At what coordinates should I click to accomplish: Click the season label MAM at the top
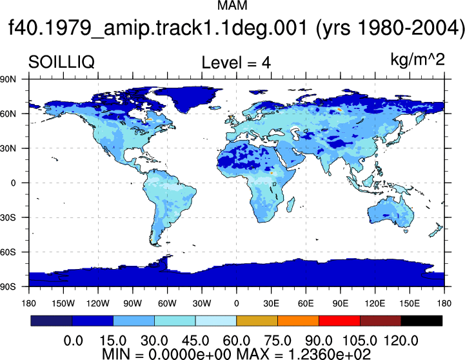tap(232, 5)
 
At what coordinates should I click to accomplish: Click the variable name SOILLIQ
tap(61, 63)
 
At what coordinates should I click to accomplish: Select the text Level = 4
tap(236, 63)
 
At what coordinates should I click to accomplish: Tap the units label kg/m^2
tap(417, 60)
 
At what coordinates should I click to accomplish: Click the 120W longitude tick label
tap(98, 303)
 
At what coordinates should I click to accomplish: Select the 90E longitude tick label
tap(340, 303)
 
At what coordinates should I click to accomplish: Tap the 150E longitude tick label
tap(410, 303)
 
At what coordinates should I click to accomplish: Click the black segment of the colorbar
tap(422, 321)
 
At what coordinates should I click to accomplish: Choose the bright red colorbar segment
tap(339, 321)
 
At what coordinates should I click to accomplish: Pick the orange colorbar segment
tap(299, 321)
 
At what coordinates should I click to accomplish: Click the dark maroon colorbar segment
tap(381, 321)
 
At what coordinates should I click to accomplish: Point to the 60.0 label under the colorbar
tap(236, 341)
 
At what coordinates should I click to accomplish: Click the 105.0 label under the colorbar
tap(360, 341)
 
